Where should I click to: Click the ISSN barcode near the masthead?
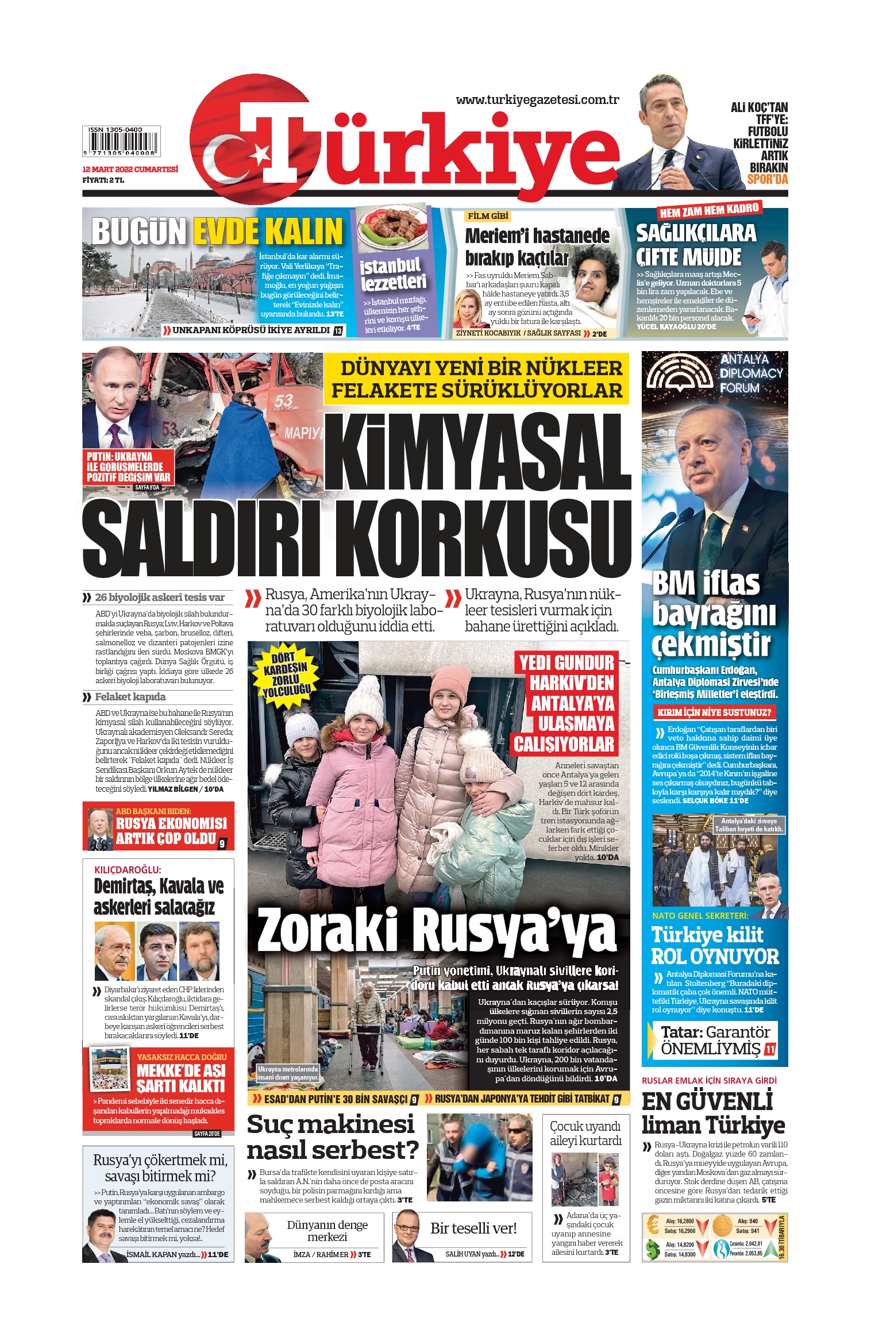coord(121,141)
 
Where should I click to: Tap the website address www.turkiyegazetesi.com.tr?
coord(537,100)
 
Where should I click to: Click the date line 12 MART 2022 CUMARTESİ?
coord(130,169)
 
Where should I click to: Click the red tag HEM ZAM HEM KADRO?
coord(710,210)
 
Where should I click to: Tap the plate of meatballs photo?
coord(393,225)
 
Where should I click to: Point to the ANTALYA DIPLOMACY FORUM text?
coord(751,373)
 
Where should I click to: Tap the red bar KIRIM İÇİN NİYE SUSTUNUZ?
coord(714,712)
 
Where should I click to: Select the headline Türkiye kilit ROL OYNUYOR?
coord(714,946)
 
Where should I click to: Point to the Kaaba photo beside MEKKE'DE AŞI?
coord(110,1069)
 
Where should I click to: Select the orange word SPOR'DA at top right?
coord(767,180)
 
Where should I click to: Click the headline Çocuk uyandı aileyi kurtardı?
coord(585,1133)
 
